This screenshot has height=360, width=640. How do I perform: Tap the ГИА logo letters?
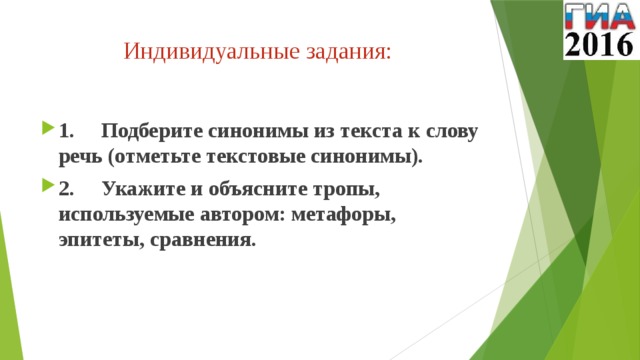click(597, 15)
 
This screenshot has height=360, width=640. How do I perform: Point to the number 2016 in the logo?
click(597, 43)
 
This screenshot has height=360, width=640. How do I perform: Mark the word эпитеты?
click(100, 240)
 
